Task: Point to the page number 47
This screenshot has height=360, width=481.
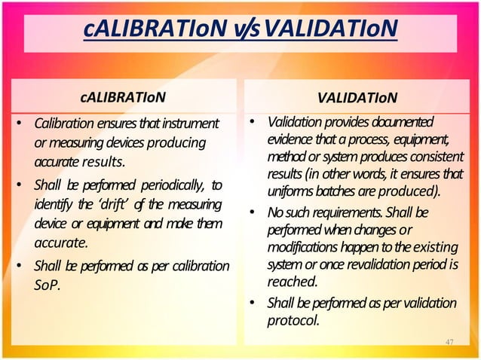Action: tap(449, 343)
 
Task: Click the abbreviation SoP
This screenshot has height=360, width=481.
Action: tap(48, 286)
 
